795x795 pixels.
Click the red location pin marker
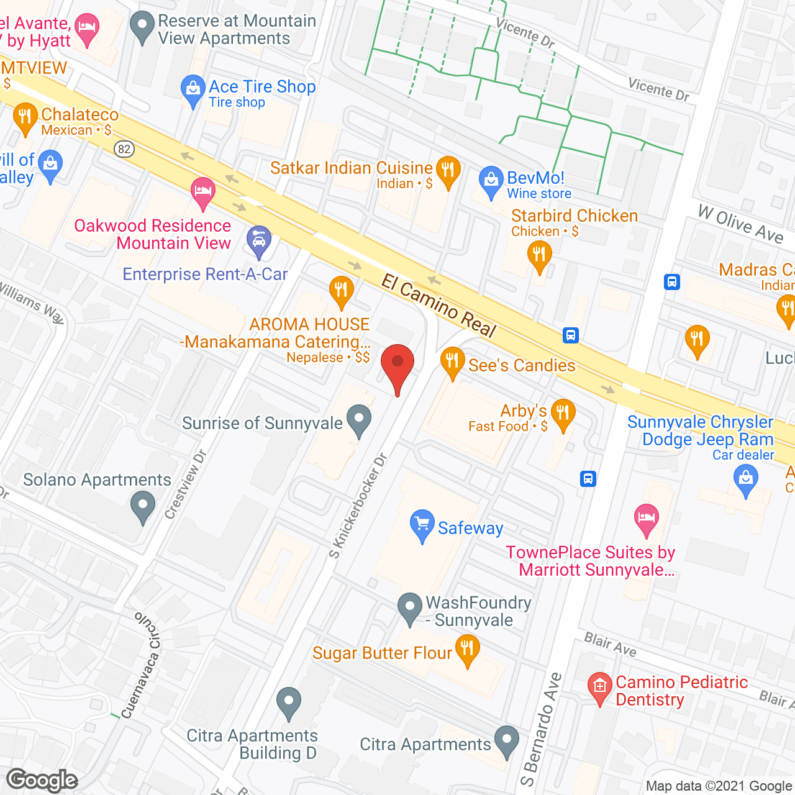coord(397,364)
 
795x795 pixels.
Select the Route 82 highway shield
coord(124,148)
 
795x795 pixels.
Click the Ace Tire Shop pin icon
coord(193,90)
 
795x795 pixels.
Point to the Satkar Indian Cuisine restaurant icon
coord(448,171)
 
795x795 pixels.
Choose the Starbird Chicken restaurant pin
coord(539,256)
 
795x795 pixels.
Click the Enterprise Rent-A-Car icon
coord(259,240)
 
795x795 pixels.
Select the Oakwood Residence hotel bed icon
coord(202,191)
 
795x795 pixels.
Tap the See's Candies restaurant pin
coord(452,362)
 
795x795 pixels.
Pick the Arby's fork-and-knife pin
coord(563,414)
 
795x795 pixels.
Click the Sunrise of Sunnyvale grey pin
coord(358,419)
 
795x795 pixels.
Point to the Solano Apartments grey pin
coord(143,506)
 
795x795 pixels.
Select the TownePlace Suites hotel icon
coord(647,518)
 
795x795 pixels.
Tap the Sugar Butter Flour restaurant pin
coord(467,650)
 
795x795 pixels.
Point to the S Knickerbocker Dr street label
coord(358,506)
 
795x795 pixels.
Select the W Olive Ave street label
coord(740,224)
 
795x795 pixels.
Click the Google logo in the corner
coord(42,780)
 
